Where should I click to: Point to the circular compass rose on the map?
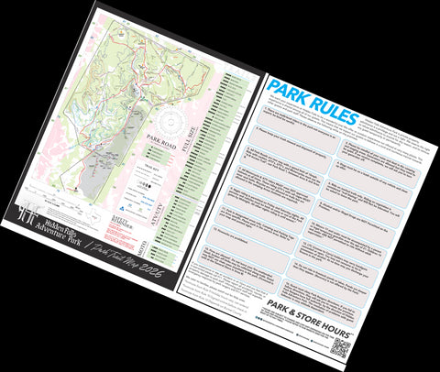175,121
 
